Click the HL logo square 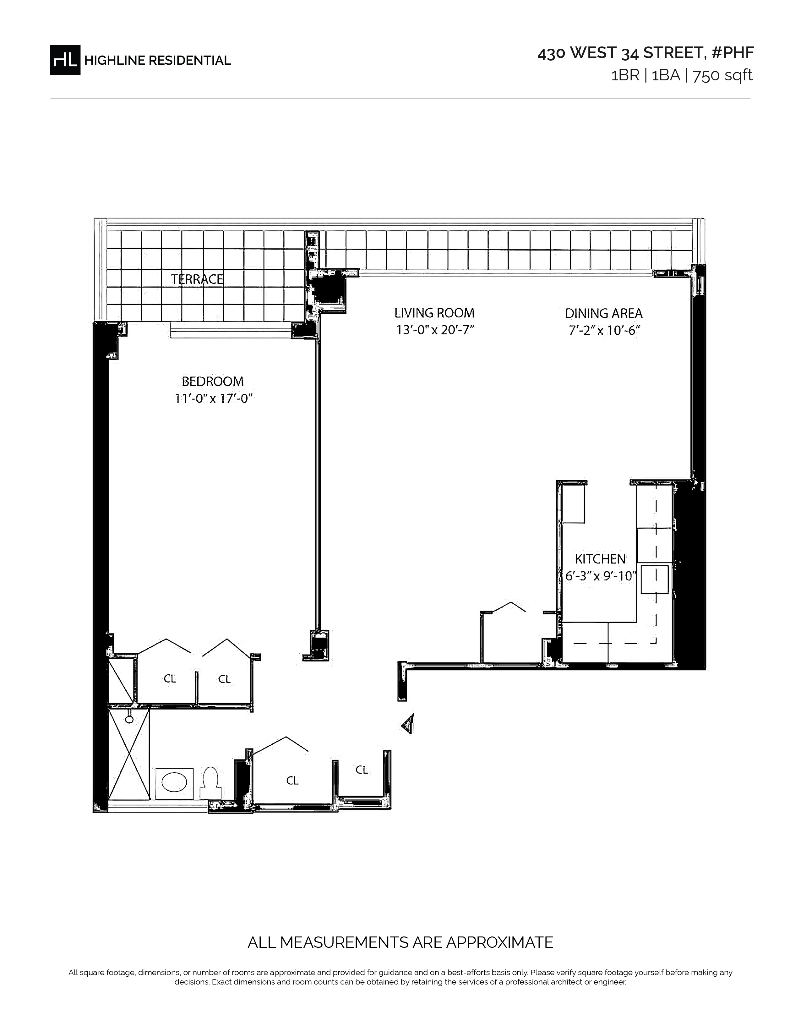tap(65, 60)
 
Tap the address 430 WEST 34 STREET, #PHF tap(646, 53)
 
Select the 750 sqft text tap(723, 75)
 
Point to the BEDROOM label tap(213, 381)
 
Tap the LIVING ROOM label tap(434, 313)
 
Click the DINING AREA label tap(604, 314)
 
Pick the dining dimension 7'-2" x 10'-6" tap(605, 330)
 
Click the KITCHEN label tap(600, 559)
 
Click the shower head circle tap(129, 720)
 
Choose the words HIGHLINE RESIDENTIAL tap(158, 61)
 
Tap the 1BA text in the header tap(666, 75)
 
